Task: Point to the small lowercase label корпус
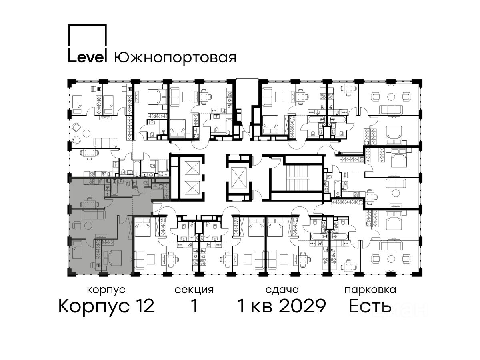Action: pyautogui.click(x=106, y=290)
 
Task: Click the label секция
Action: pyautogui.click(x=194, y=290)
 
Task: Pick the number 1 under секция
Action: pyautogui.click(x=195, y=306)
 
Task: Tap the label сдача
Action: pyautogui.click(x=282, y=290)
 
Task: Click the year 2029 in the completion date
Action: pyautogui.click(x=303, y=306)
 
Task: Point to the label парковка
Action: pyautogui.click(x=370, y=290)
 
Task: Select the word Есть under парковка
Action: pyautogui.click(x=370, y=306)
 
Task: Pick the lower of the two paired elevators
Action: pyautogui.click(x=192, y=188)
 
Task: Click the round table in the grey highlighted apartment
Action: pyautogui.click(x=88, y=225)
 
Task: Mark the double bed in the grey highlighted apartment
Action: pyautogui.click(x=112, y=258)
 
